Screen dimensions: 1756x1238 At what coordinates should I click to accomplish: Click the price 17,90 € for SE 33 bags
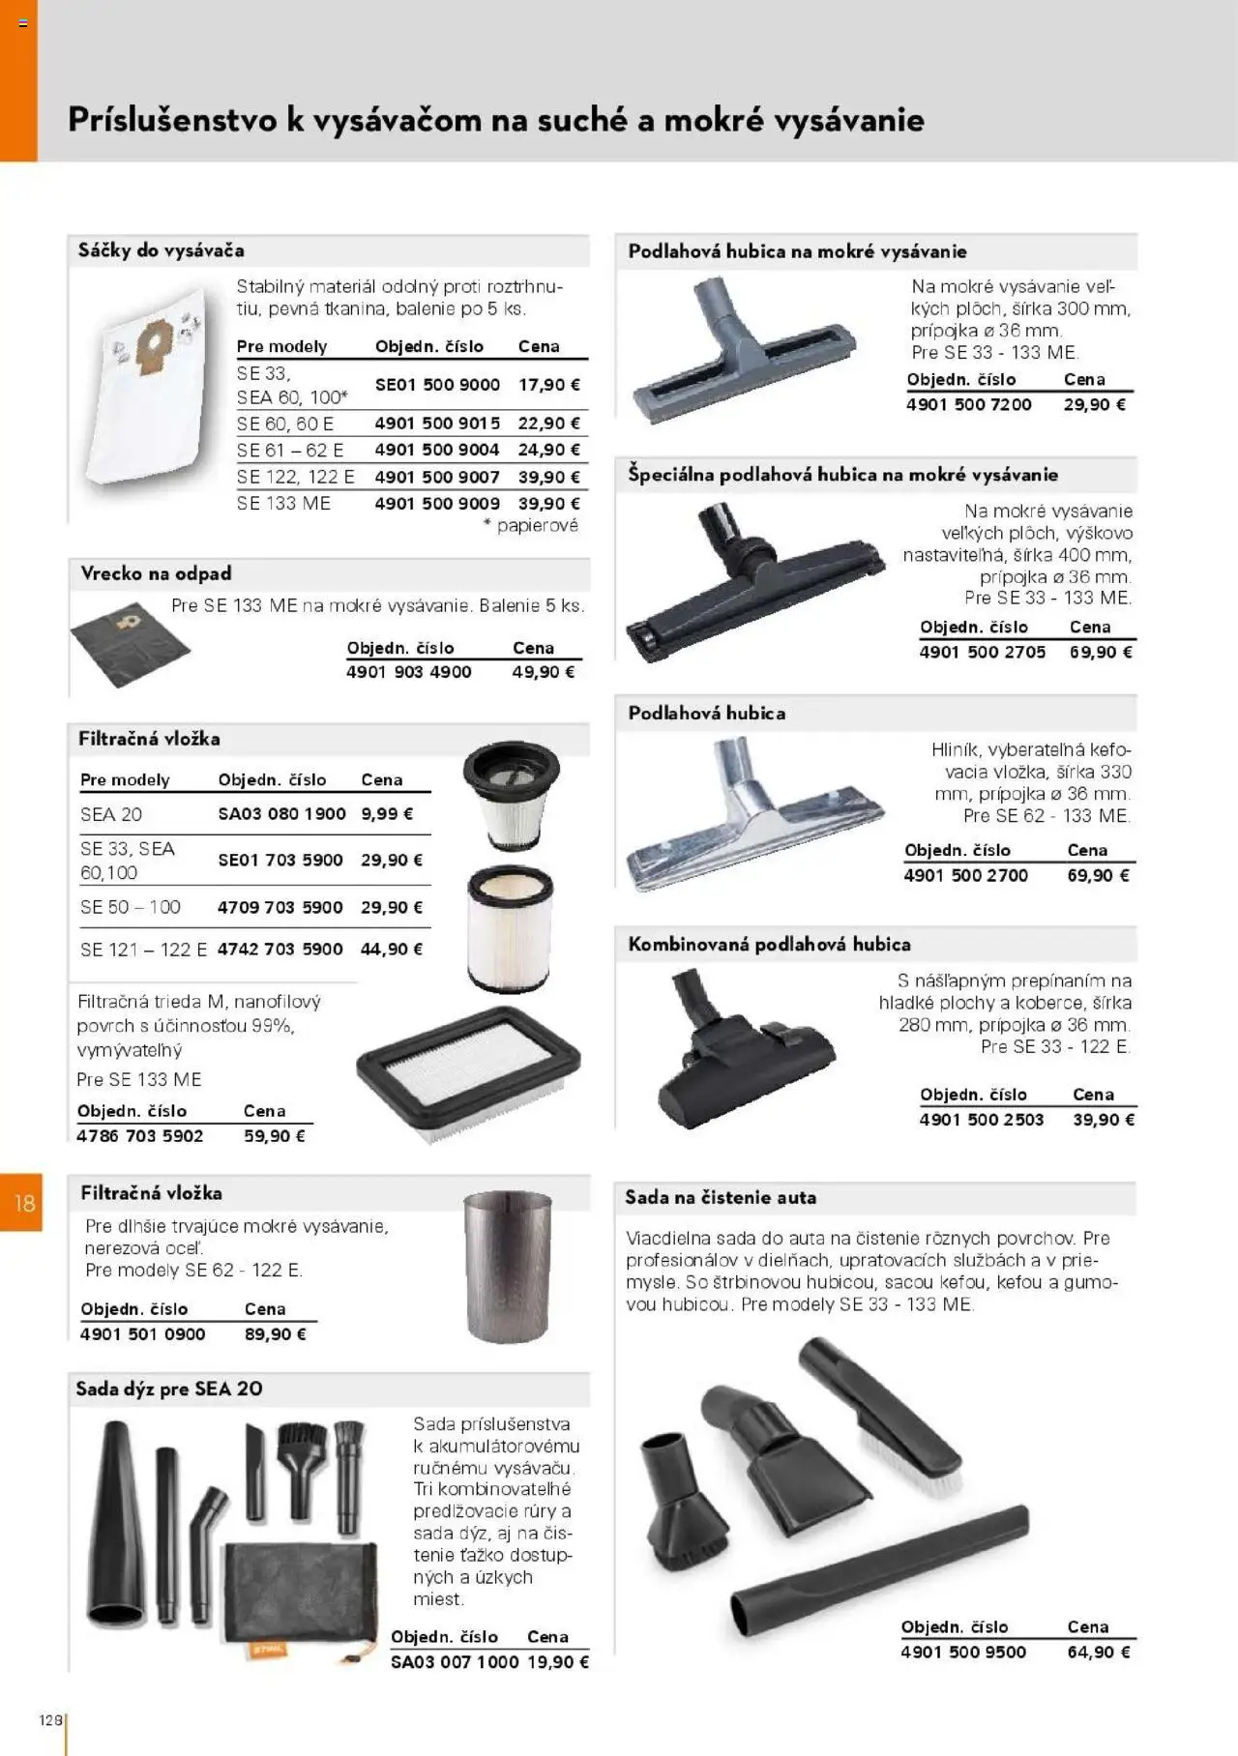548,385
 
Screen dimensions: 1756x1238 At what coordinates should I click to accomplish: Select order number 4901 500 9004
437,450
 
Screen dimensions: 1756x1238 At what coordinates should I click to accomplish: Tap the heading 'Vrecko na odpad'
156,573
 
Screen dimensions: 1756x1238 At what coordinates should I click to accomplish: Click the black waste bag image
130,643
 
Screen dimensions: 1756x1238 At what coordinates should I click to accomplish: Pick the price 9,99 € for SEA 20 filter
387,814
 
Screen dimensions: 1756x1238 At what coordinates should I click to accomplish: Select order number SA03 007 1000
455,1662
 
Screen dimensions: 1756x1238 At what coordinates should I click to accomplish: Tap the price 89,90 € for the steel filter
276,1334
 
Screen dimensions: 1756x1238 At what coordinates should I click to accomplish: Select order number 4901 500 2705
983,653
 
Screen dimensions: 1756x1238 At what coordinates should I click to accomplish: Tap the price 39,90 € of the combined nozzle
1104,1120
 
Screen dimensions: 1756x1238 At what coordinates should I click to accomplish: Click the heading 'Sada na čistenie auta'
721,1197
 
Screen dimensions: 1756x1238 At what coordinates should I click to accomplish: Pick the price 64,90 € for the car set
1099,1653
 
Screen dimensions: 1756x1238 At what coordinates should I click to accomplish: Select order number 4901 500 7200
969,405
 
